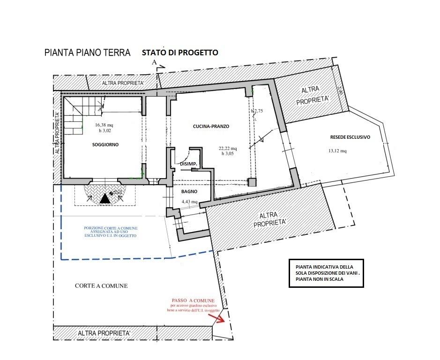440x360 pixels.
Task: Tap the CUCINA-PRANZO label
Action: click(210, 126)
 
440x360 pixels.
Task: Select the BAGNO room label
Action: click(189, 192)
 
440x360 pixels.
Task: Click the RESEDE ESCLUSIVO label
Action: click(351, 137)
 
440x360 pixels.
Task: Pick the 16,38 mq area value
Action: click(104, 125)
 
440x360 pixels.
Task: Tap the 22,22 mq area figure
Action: click(228, 149)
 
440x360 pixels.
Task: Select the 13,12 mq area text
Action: click(337, 151)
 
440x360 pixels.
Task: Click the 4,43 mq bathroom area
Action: click(189, 202)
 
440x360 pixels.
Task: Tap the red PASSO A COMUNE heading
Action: click(193, 300)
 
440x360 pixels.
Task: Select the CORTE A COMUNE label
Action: click(101, 286)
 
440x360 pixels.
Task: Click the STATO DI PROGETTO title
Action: click(180, 52)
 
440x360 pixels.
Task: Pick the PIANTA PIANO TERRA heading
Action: click(87, 53)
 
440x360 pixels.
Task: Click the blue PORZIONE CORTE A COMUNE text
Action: click(111, 232)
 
